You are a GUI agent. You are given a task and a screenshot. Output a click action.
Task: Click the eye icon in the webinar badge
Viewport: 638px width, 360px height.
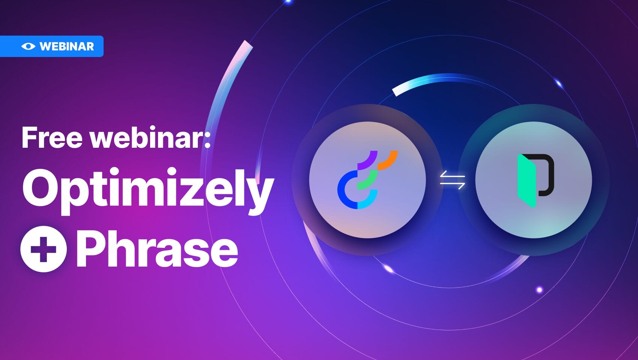pos(28,46)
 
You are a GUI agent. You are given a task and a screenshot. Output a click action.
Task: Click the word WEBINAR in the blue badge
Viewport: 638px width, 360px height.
pos(66,46)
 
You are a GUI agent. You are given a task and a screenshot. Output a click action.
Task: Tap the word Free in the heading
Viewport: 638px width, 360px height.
pos(52,138)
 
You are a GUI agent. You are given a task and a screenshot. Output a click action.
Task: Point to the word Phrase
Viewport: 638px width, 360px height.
pos(157,248)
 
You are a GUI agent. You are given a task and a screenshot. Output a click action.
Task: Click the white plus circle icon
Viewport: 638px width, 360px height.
pos(44,249)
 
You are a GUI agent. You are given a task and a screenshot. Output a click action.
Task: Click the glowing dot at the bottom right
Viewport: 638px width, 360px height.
pos(539,289)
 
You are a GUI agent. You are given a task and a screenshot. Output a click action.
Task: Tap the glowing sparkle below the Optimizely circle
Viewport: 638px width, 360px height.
pos(388,268)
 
